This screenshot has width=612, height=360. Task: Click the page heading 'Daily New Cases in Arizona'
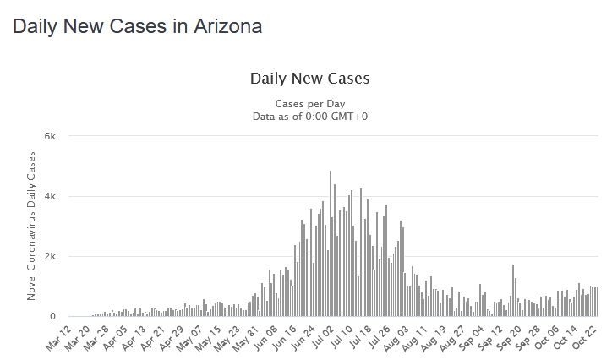[x=137, y=26]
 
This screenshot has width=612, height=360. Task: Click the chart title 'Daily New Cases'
[x=309, y=79]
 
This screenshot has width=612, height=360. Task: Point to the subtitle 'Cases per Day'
[x=309, y=103]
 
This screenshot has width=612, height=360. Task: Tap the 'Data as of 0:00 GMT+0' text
[x=309, y=116]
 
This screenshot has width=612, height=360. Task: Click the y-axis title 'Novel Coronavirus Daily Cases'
[x=32, y=226]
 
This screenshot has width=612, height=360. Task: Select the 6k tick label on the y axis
[x=50, y=137]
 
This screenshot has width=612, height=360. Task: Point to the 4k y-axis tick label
[x=50, y=197]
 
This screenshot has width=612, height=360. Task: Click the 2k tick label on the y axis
[x=50, y=257]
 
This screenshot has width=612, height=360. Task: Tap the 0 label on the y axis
[x=52, y=317]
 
